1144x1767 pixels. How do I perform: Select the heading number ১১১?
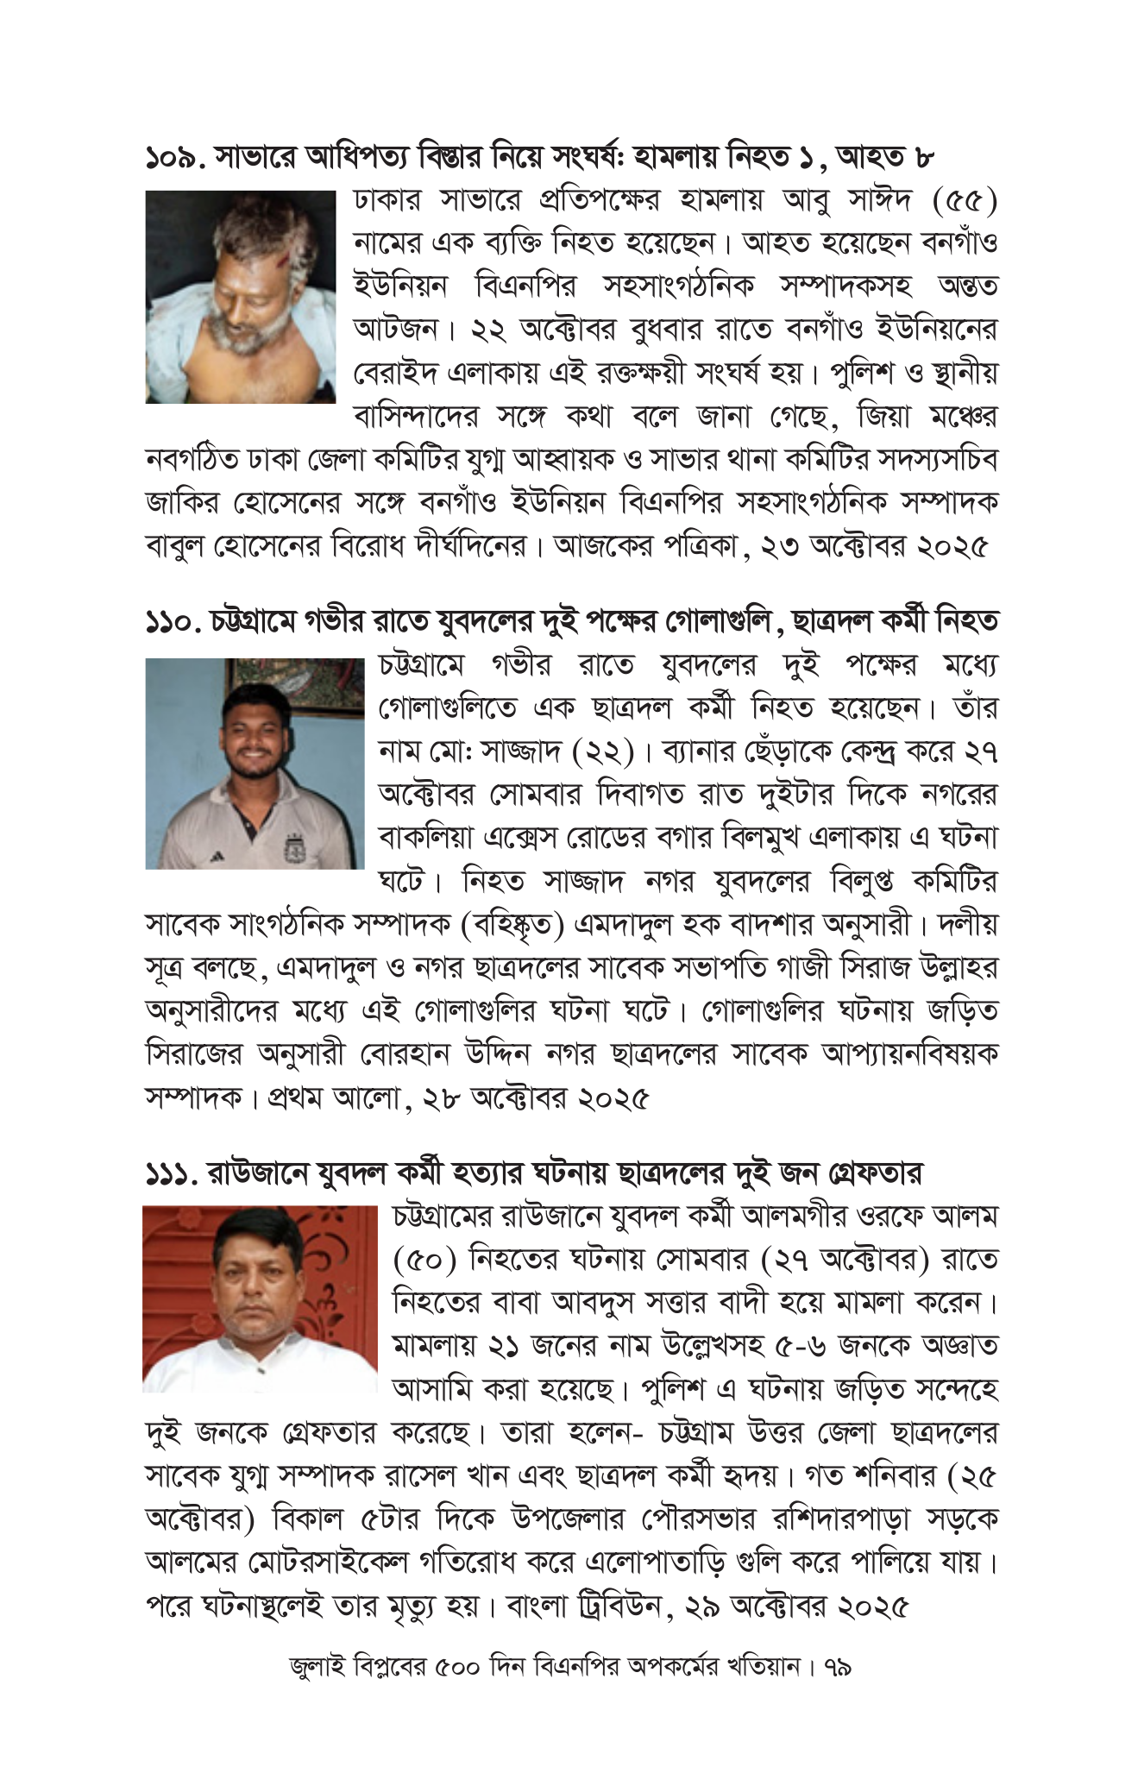171,1173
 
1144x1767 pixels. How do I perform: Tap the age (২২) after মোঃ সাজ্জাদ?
604,752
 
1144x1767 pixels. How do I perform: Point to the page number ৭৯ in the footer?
838,1667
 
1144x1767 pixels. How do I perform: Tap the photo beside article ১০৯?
240,297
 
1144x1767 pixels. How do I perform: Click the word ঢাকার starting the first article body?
387,201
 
